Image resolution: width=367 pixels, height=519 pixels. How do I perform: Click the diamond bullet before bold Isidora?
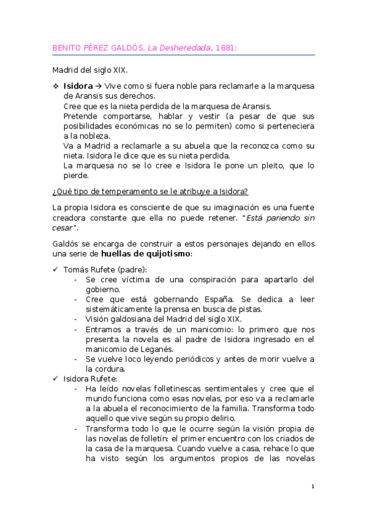pyautogui.click(x=55, y=86)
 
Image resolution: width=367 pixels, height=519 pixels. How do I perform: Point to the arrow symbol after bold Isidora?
pyautogui.click(x=99, y=86)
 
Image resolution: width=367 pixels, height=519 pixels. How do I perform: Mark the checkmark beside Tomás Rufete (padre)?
pyautogui.click(x=55, y=270)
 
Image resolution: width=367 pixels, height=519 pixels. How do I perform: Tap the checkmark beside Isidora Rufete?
pyautogui.click(x=55, y=379)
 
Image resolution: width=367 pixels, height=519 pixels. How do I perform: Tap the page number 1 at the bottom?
pyautogui.click(x=312, y=487)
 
